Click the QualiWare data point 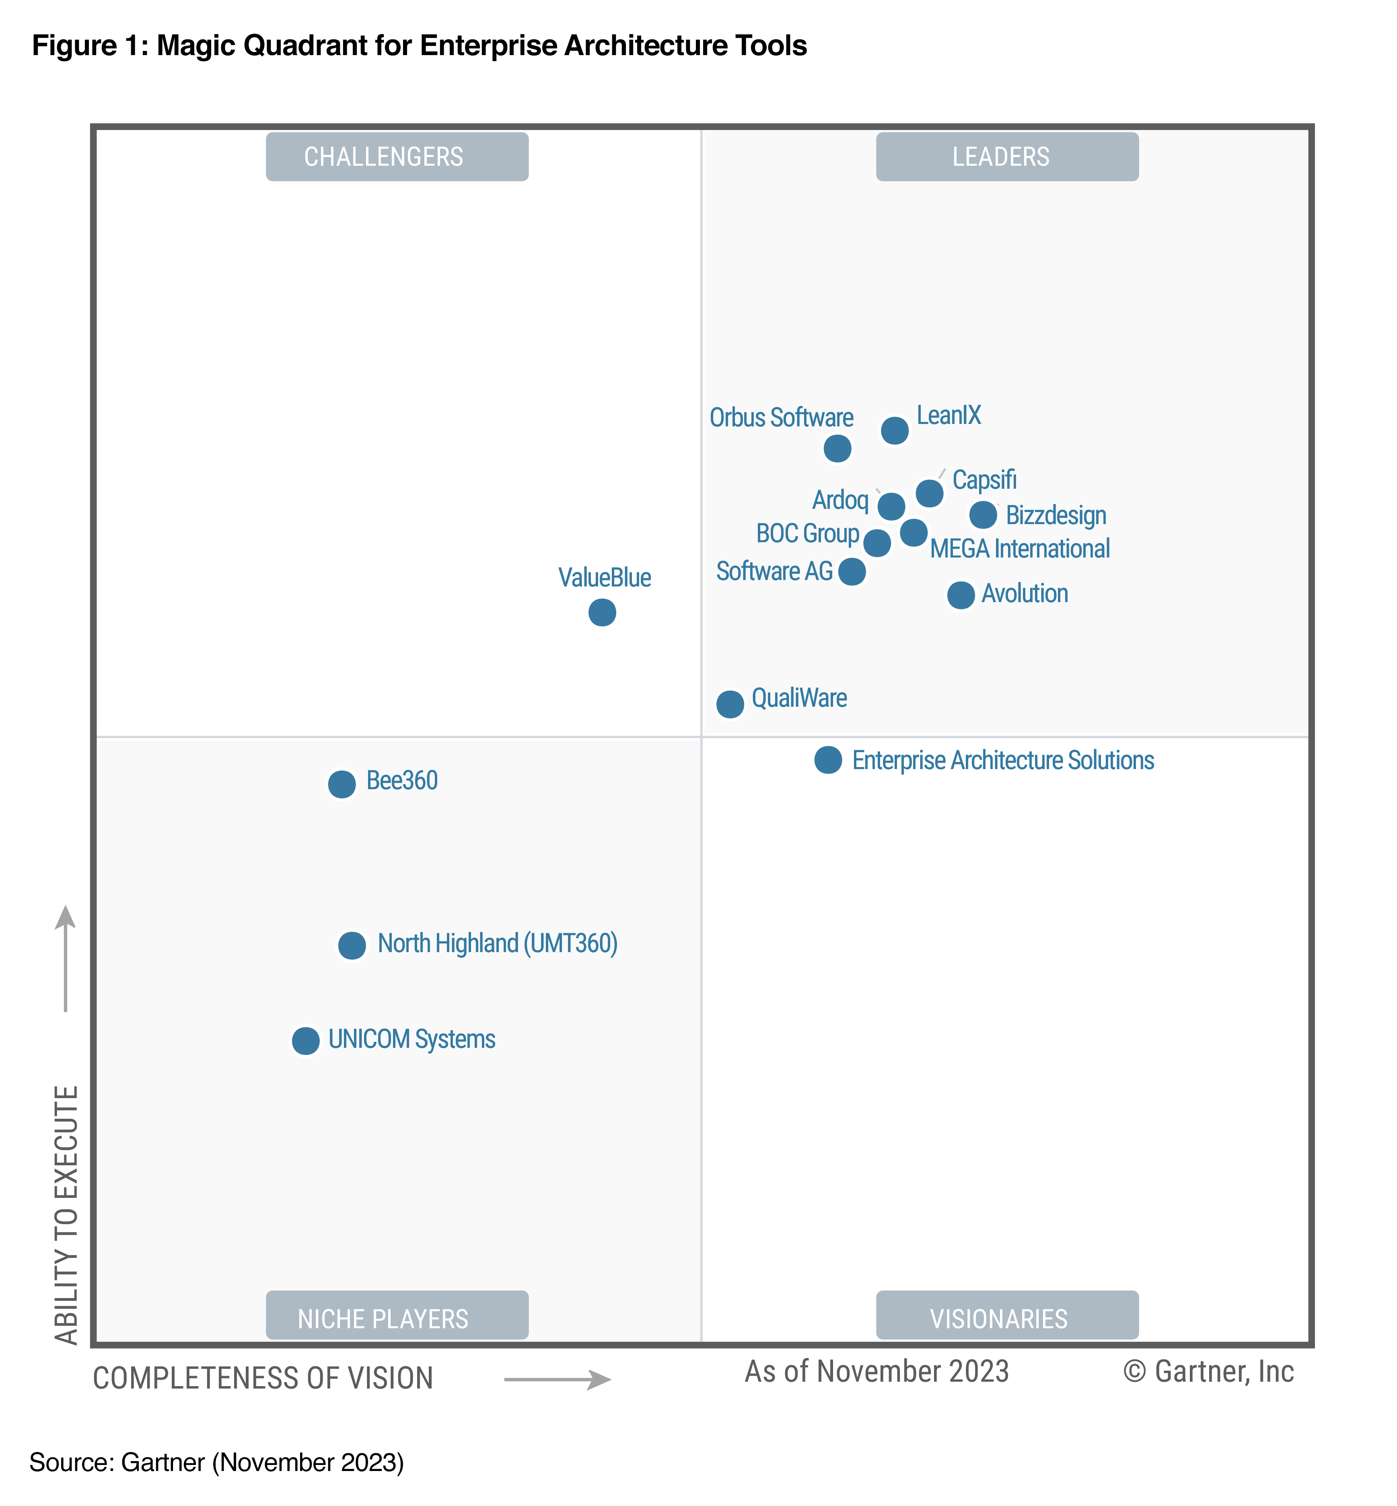pyautogui.click(x=730, y=704)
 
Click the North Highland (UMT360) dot pyautogui.click(x=352, y=945)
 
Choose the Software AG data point pyautogui.click(x=852, y=572)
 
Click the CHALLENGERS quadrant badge pyautogui.click(x=397, y=156)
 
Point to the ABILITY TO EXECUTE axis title pyautogui.click(x=66, y=1214)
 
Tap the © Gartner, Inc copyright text pyautogui.click(x=1208, y=1371)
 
